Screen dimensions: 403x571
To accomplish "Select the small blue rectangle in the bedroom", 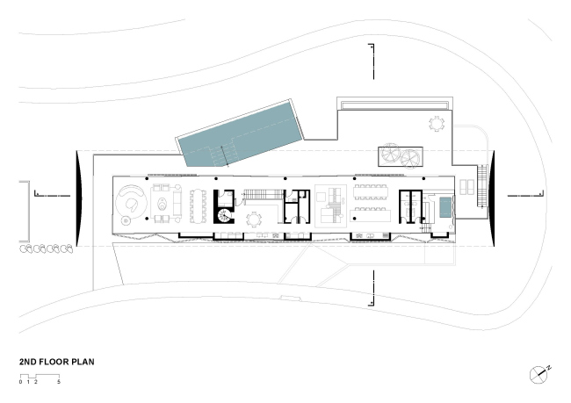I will tap(445, 207).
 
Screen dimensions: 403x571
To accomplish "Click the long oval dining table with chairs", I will tap(199, 204).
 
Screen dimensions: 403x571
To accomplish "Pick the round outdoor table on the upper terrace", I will tap(437, 122).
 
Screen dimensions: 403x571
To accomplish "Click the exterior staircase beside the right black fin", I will tap(480, 185).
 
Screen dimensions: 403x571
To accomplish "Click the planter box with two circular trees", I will tap(400, 155).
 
